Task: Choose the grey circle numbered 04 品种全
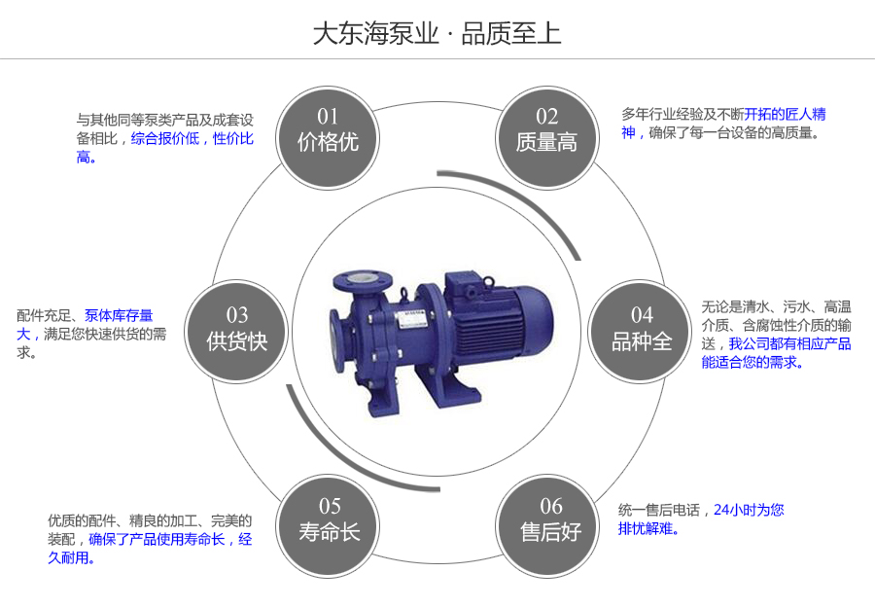[x=642, y=330]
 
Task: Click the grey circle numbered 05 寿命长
[x=330, y=519]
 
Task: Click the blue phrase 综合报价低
[x=165, y=139]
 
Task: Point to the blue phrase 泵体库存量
[x=119, y=315]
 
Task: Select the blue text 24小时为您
[x=749, y=510]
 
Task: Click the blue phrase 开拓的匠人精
[x=786, y=114]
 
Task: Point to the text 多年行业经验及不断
[x=682, y=114]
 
